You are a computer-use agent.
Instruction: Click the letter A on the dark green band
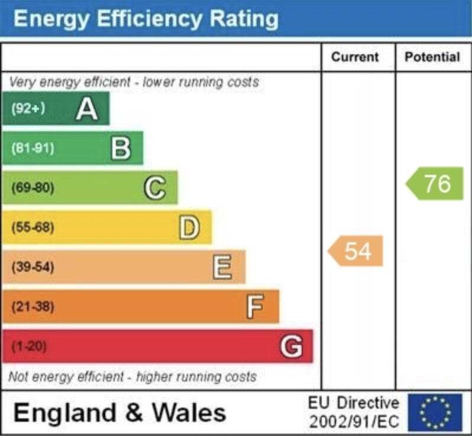click(x=86, y=109)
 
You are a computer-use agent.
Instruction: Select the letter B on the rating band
click(x=121, y=148)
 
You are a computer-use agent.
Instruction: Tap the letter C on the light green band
click(x=154, y=188)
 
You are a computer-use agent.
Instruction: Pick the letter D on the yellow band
click(x=189, y=228)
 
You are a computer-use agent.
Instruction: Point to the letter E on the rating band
click(x=222, y=268)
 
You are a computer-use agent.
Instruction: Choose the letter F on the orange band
click(x=255, y=307)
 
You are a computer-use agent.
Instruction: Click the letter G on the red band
click(x=291, y=346)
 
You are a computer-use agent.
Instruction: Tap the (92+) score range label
click(x=28, y=109)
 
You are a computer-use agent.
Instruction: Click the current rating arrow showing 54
click(x=356, y=251)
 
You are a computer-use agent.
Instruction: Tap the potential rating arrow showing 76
click(x=435, y=184)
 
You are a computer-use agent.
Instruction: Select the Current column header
click(x=355, y=57)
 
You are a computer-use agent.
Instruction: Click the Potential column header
click(x=432, y=57)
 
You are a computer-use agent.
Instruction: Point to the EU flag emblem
click(x=435, y=412)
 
